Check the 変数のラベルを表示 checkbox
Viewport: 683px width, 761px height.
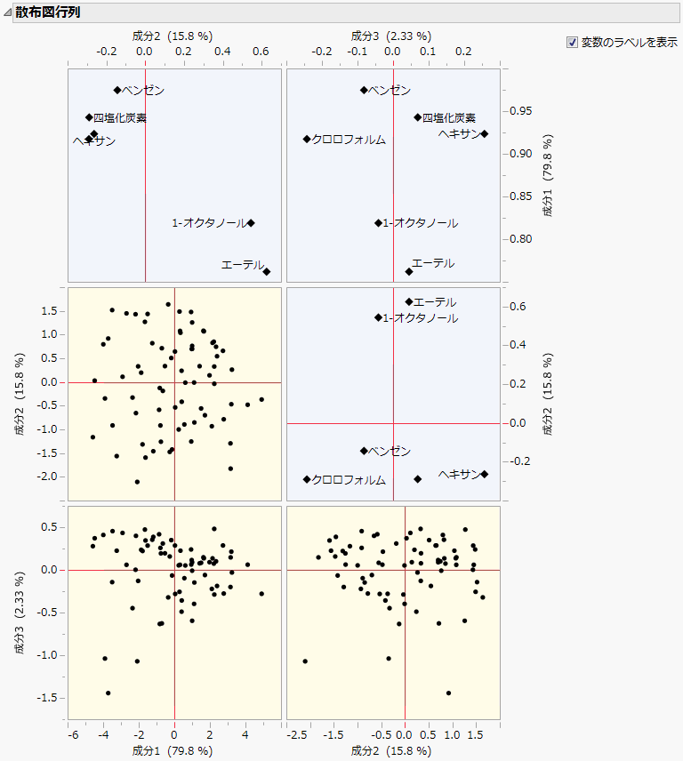[572, 42]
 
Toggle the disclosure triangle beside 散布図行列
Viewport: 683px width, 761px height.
[7, 11]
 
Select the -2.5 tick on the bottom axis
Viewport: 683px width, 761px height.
[299, 735]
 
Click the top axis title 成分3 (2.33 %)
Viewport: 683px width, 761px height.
[391, 36]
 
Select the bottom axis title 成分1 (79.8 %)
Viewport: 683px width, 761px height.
[173, 750]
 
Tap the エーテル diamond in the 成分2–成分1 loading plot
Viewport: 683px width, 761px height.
[267, 271]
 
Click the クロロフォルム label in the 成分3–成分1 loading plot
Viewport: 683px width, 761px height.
[349, 140]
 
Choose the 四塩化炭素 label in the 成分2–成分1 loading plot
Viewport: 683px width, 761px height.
[120, 117]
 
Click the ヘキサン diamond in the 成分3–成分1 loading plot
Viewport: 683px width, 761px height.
[485, 133]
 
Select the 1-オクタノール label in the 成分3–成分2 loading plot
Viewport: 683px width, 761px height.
[420, 318]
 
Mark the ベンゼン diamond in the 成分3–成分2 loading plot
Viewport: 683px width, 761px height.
[364, 451]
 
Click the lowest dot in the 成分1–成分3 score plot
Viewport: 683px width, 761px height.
[108, 693]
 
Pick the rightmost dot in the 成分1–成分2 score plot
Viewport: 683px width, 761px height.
[261, 400]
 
